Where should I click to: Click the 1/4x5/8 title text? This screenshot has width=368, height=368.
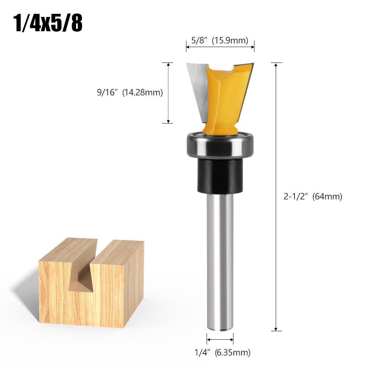(48, 23)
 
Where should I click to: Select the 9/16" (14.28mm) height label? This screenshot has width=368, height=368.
(130, 93)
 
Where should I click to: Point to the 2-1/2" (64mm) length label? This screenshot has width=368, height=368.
(312, 196)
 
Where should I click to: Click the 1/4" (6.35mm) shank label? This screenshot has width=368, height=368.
(222, 353)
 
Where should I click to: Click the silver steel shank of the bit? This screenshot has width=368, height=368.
(220, 257)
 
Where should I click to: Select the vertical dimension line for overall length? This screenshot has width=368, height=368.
(276, 197)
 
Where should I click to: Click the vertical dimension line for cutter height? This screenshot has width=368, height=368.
(168, 93)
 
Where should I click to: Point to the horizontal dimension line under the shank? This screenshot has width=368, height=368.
(220, 339)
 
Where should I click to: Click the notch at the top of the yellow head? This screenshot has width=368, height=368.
(230, 68)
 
